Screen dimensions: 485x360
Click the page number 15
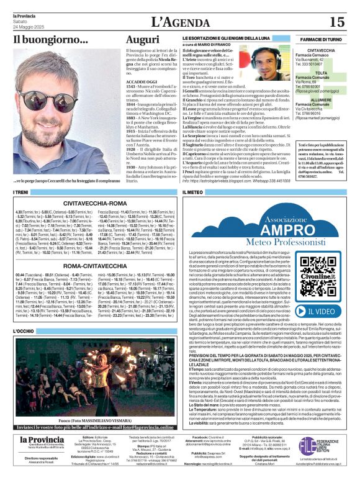336,22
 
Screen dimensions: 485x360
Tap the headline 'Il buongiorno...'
42,39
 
